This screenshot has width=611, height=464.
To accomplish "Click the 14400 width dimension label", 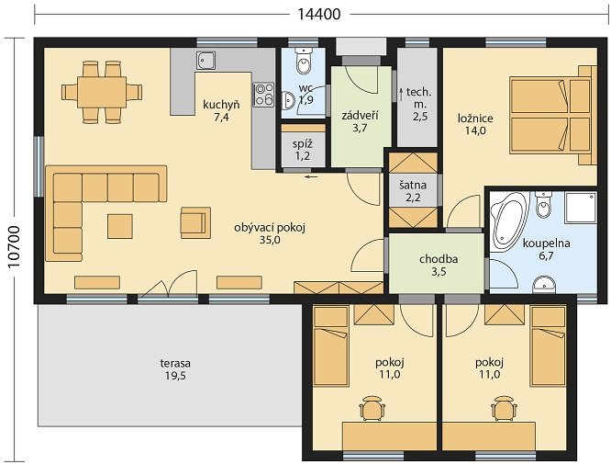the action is pos(319,14).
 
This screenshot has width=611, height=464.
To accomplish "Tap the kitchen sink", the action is pos(206,61).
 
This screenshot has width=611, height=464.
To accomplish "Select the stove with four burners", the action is pos(263,95).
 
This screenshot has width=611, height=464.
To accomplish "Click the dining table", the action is pos(102,92).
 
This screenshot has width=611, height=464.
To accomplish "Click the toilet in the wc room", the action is pos(303,62).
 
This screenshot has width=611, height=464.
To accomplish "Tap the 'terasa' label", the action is pos(175,363).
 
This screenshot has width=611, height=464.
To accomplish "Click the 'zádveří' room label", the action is pos(360,116).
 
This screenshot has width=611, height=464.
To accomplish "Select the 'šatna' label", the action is pos(413,185).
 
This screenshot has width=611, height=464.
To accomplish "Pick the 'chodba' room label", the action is pos(439,259).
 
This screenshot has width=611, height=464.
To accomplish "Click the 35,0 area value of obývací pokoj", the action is pos(270,240).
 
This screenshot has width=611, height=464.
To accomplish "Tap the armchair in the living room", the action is pos(195,222).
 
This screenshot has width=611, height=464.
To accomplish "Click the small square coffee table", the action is pos(120,226).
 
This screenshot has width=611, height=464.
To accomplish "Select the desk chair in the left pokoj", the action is pos(372,408).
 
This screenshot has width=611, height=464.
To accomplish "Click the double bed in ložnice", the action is pos(553,115).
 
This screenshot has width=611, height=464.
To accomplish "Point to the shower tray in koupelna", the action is pos(581,208).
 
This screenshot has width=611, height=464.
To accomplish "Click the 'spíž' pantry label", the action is pos(303,144).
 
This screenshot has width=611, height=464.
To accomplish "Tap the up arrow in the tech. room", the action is pos(401,94).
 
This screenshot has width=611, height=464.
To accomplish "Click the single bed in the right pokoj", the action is pos(549,345).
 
